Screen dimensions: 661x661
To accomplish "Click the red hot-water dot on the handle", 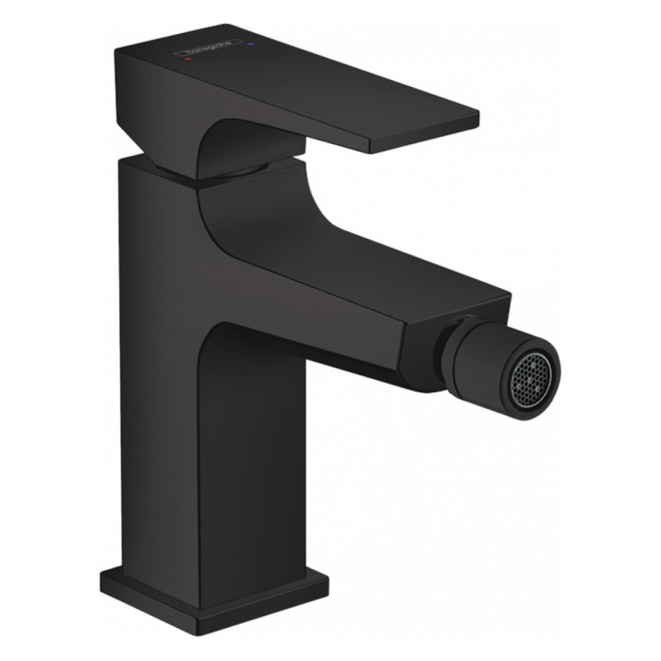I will (x=187, y=57).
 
